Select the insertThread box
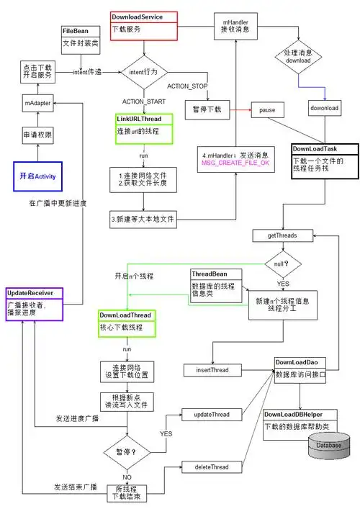tap(212, 369)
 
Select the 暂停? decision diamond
tap(128, 454)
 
